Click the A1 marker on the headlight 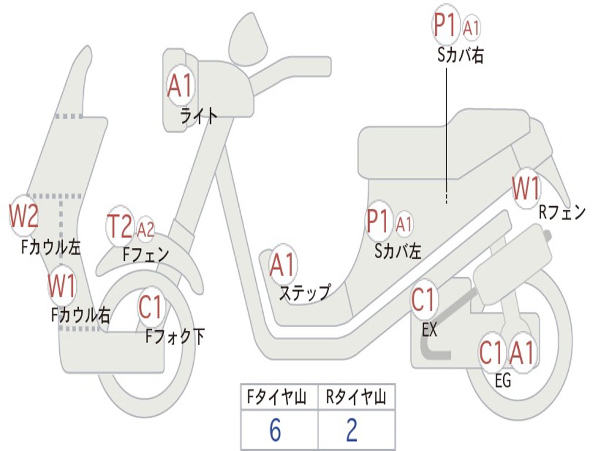click(180, 87)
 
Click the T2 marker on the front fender click(120, 226)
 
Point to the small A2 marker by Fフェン click(146, 229)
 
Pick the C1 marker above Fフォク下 click(151, 306)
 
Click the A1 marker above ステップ click(283, 265)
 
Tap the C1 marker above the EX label click(423, 300)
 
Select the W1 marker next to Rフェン click(525, 189)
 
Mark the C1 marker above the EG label click(492, 353)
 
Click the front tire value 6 click(275, 430)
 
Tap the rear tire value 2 click(352, 430)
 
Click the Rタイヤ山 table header click(356, 398)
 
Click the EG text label click(503, 381)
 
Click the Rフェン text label click(562, 213)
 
